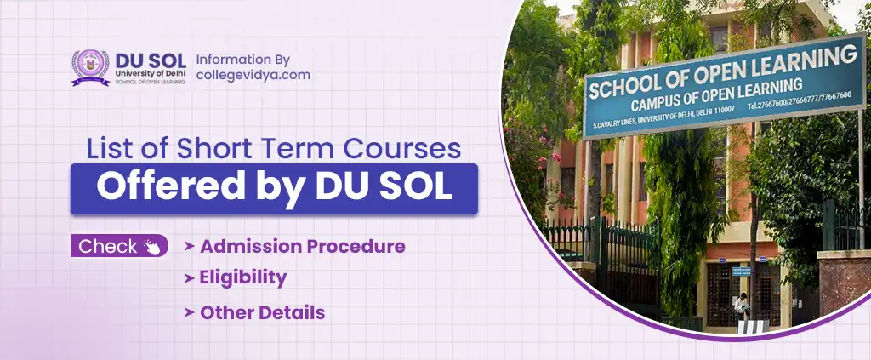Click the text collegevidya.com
click(253, 75)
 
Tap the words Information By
click(243, 60)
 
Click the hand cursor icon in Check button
click(153, 248)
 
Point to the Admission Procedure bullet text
click(302, 247)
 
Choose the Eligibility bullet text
click(243, 277)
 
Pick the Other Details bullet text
click(262, 312)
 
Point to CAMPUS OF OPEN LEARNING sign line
click(716, 95)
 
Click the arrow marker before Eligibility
click(188, 278)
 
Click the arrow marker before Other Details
click(188, 313)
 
